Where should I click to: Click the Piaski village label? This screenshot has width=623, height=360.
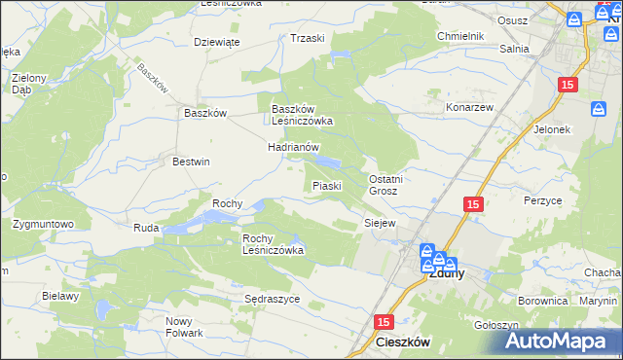[x=325, y=185]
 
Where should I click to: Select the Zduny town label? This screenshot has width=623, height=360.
[x=446, y=273]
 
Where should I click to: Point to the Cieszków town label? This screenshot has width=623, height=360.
[x=403, y=343]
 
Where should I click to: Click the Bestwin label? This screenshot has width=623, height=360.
[x=191, y=162]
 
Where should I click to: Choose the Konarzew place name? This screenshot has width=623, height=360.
[x=471, y=106]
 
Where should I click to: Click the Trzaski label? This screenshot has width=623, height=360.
[x=307, y=38]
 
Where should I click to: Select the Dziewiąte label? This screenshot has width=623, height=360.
[x=217, y=42]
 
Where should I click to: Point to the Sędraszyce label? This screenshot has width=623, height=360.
[x=272, y=299]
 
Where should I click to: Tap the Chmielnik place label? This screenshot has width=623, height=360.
[x=460, y=36]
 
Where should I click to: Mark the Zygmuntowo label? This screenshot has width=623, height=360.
[x=44, y=224]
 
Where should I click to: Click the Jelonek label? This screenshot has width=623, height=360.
[x=551, y=128]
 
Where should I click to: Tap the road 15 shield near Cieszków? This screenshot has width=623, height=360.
[x=384, y=322]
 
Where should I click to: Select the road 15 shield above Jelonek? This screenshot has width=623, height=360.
[x=569, y=86]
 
